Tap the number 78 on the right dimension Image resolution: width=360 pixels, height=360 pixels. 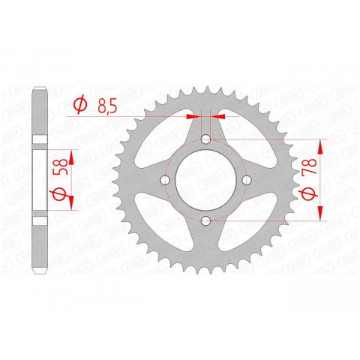click(307, 161)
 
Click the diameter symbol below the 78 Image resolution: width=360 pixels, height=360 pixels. click(307, 194)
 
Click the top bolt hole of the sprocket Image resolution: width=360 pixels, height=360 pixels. click(205, 139)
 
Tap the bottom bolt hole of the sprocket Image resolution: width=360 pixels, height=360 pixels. click(205, 219)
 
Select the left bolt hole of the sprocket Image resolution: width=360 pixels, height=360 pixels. click(166, 179)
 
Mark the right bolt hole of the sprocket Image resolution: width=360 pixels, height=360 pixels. click(245, 179)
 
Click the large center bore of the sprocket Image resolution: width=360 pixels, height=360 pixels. click(205, 179)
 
